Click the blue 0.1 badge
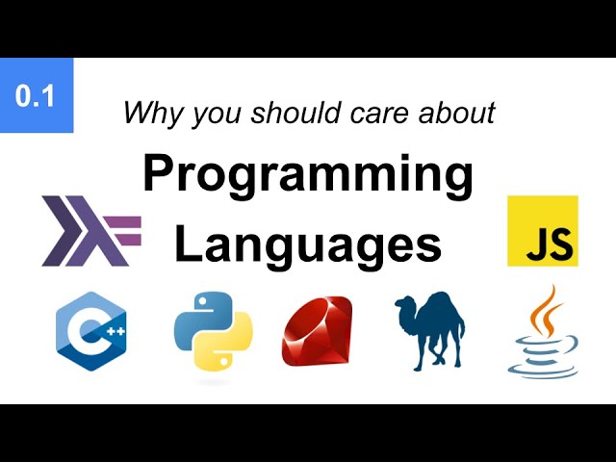point(36,96)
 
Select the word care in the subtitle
point(375,114)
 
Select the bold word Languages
point(307,244)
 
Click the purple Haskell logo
point(90,231)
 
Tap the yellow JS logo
point(542,231)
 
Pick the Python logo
point(213,332)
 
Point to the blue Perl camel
point(431,330)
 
